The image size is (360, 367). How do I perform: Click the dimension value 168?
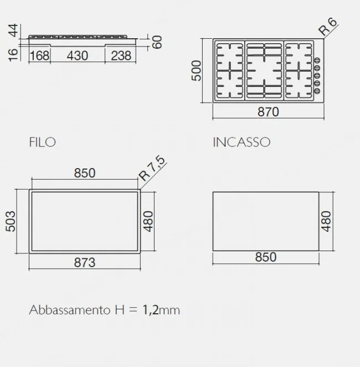tap(40, 55)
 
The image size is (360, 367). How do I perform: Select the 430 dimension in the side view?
tap(78, 55)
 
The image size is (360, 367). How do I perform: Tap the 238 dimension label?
tap(121, 55)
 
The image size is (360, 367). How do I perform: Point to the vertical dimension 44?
tap(13, 30)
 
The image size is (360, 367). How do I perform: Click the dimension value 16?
tap(13, 55)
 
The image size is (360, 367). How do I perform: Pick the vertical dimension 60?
tap(157, 42)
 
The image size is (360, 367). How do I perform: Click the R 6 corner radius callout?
tap(328, 27)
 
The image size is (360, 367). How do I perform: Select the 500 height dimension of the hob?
tap(197, 71)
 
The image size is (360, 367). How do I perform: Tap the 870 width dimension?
tap(268, 112)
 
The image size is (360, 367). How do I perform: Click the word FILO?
tap(43, 142)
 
